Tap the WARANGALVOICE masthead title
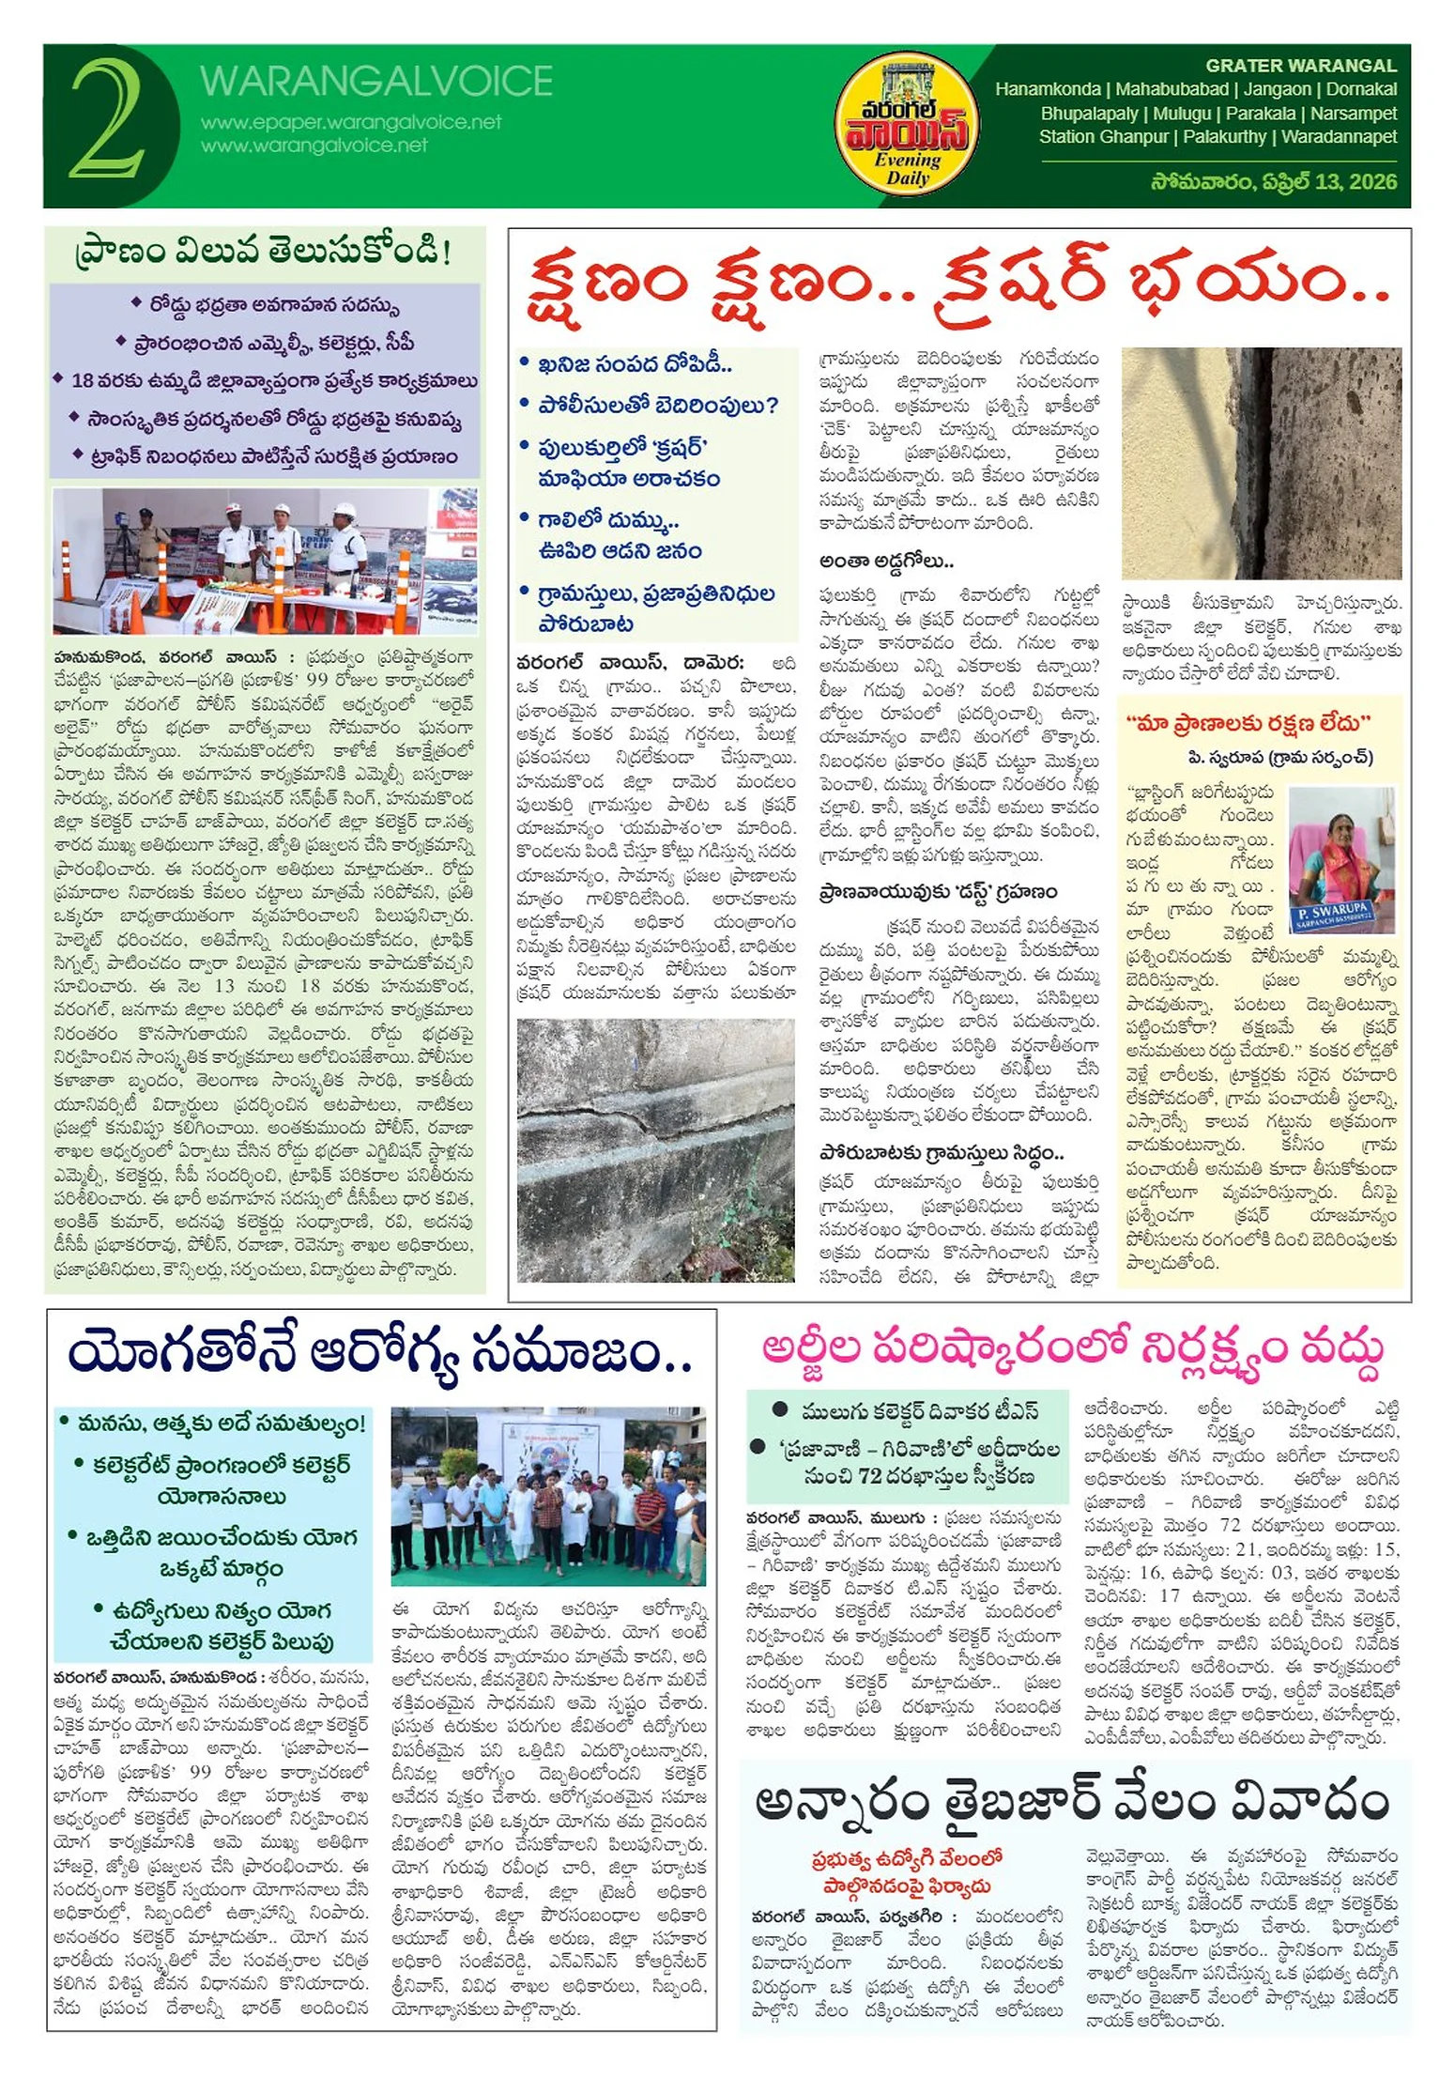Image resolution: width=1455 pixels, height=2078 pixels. pos(375,82)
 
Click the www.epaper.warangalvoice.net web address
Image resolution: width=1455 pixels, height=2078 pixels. pos(351,123)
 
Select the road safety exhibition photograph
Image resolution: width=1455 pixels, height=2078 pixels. pos(265,561)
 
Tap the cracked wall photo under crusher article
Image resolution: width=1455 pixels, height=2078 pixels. pos(655,1149)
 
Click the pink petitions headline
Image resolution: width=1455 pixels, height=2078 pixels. pos(1073,1350)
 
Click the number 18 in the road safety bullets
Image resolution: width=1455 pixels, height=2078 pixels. pos(83,381)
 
